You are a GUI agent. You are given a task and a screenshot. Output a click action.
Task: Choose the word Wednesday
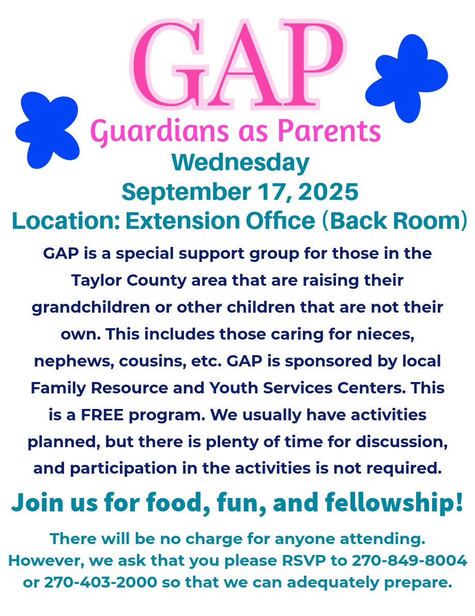pos(240,163)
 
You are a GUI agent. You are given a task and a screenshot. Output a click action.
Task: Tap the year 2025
pos(328,192)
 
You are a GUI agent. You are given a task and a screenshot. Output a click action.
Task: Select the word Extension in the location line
pos(183,221)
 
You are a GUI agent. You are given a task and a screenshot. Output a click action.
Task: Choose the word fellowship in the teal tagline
pos(393,503)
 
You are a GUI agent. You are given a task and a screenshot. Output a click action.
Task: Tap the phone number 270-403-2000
pos(100,582)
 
